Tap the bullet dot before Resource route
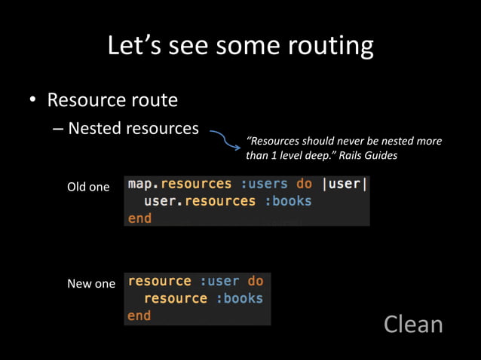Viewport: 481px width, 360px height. [32, 101]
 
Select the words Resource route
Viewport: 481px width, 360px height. [112, 100]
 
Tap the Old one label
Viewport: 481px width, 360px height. [88, 187]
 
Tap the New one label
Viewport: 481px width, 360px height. [91, 283]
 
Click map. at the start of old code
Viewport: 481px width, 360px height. [143, 184]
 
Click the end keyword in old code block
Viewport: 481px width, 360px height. [139, 218]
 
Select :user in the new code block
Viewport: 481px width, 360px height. [219, 281]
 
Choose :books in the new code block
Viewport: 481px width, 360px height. [239, 298]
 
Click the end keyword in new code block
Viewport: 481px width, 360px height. [139, 316]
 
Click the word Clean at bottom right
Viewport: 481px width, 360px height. [413, 324]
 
